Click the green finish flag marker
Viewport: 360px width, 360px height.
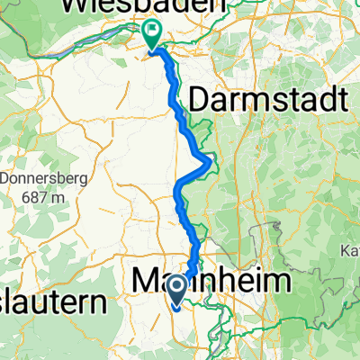pos(151,34)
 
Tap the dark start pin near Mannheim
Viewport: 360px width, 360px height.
pos(177,289)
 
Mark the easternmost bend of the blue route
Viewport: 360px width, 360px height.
pos(211,162)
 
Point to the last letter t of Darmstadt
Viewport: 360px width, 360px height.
pos(341,100)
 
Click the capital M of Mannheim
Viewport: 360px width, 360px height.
pos(146,281)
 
